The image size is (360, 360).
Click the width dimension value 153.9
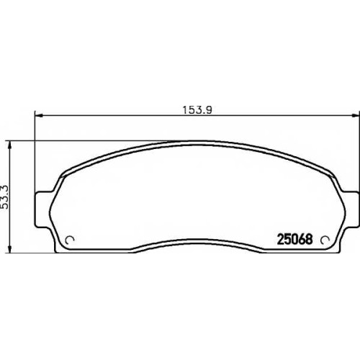(197, 110)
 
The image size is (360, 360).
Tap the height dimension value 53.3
(5, 197)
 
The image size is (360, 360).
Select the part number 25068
(295, 239)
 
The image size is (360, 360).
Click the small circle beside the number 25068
(325, 240)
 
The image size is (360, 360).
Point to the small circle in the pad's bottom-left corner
(70, 240)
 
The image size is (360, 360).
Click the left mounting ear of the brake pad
(42, 209)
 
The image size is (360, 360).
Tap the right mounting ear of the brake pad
(351, 209)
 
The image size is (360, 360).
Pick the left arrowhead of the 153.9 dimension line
(39, 116)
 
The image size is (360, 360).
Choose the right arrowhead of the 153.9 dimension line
(356, 116)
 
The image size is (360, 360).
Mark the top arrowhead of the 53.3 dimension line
(9, 145)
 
